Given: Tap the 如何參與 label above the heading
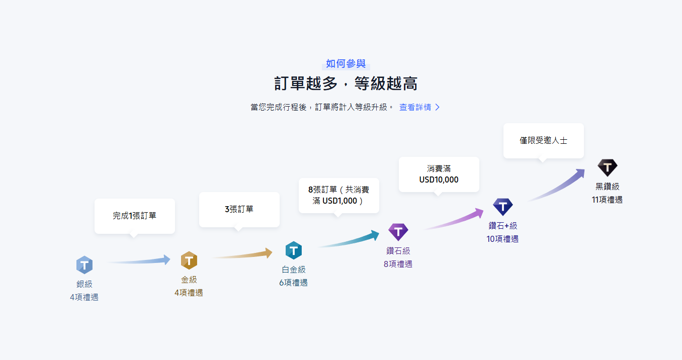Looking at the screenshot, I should (x=346, y=64).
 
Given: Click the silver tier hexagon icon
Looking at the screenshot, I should (x=84, y=264).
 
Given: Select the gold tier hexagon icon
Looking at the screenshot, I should (x=189, y=260).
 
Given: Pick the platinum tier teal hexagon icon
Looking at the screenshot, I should (x=293, y=250).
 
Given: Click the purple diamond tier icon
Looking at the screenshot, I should (x=398, y=232).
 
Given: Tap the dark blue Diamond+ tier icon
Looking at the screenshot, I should (x=502, y=207).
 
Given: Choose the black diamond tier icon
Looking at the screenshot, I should (x=607, y=167).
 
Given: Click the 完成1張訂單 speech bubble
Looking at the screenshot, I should (x=134, y=216).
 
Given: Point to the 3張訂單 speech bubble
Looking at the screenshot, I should (x=239, y=209).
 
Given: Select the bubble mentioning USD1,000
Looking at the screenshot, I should (x=338, y=196).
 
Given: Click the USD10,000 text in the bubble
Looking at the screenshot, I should (x=439, y=179).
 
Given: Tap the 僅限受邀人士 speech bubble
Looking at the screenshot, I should (x=543, y=141).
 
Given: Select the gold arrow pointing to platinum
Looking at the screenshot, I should (x=243, y=254).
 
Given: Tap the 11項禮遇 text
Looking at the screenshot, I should (x=607, y=200).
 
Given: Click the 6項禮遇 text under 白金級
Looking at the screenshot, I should (x=293, y=283).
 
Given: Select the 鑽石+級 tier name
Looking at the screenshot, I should (x=502, y=226).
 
